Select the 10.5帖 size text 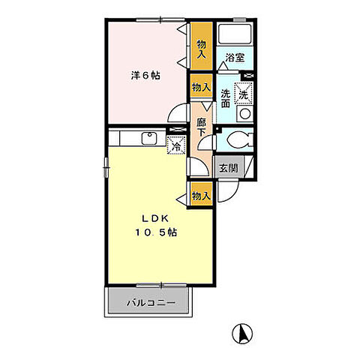(x=157, y=232)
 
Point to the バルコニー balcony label (x=150, y=304)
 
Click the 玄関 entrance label (x=229, y=169)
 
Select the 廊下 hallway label (x=201, y=126)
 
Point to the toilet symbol (x=237, y=140)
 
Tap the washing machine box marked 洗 (x=244, y=94)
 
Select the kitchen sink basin (x=148, y=138)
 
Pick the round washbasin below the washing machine (x=244, y=114)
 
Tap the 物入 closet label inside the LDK (x=200, y=195)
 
